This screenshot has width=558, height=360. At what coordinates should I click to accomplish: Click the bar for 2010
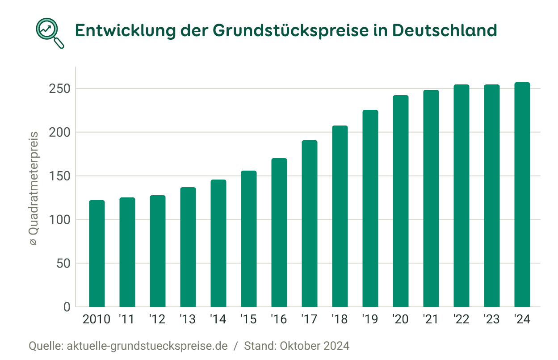(x=97, y=254)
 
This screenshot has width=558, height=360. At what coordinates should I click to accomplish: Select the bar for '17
(x=310, y=224)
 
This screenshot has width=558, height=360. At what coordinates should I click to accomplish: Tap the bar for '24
(x=522, y=195)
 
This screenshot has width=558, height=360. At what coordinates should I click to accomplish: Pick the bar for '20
(x=401, y=201)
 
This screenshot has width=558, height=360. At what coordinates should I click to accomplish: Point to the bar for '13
(x=188, y=247)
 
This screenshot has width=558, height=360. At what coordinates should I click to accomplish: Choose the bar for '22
(x=462, y=196)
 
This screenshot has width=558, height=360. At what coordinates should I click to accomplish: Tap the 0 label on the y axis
(x=67, y=307)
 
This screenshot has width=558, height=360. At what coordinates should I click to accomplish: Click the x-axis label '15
(x=248, y=320)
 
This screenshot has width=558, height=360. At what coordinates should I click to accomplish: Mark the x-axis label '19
(x=370, y=320)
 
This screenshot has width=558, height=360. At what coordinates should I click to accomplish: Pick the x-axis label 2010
(x=97, y=320)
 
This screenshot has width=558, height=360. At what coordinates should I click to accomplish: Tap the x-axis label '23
(x=491, y=320)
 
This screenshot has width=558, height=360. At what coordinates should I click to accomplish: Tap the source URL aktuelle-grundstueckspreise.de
(x=147, y=346)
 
